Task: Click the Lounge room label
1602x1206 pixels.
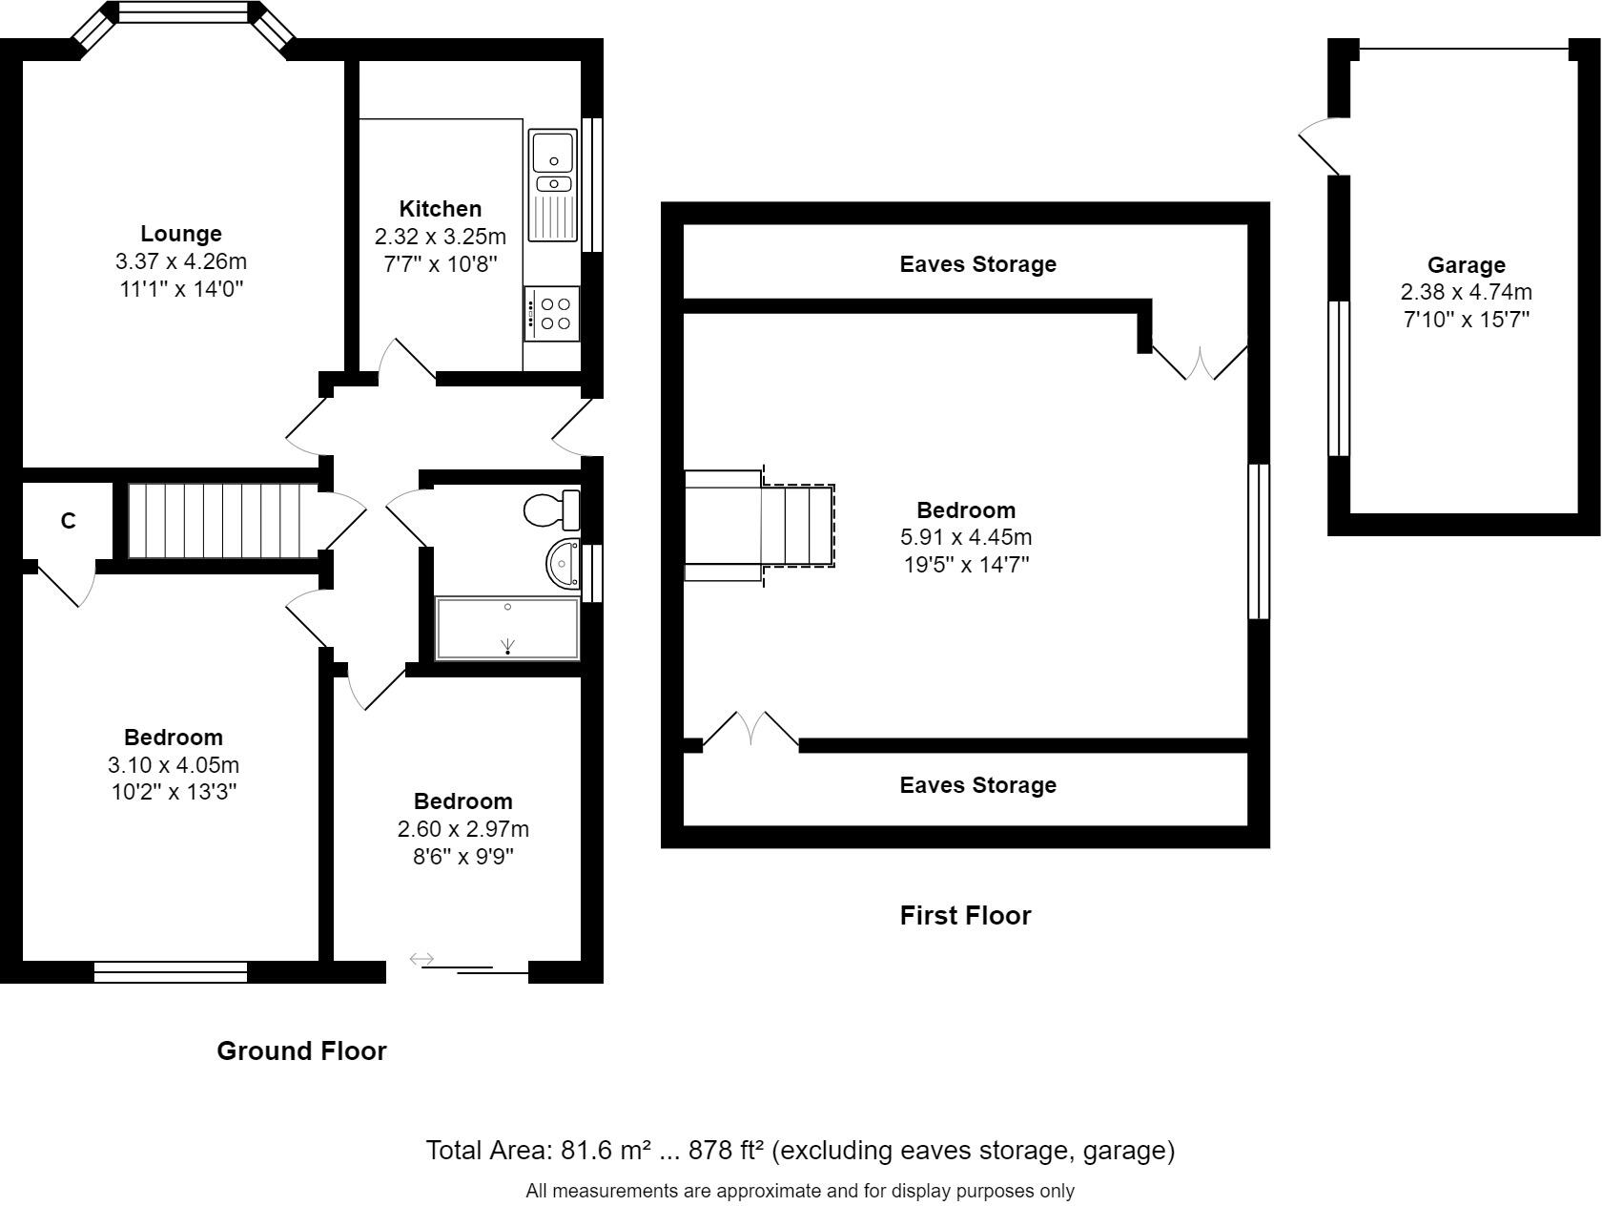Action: (x=180, y=234)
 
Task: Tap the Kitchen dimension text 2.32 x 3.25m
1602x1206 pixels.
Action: (x=440, y=237)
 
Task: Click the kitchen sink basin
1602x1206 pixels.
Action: (x=552, y=151)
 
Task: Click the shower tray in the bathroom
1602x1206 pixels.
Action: (x=507, y=629)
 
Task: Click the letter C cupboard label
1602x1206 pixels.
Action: (x=68, y=521)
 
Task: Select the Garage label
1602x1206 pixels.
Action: (x=1466, y=265)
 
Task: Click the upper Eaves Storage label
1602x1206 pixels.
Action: (x=977, y=264)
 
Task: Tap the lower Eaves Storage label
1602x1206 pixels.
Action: (x=977, y=785)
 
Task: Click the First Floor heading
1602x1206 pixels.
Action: (x=965, y=916)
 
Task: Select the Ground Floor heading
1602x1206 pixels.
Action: (x=301, y=1051)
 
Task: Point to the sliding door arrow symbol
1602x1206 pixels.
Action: (x=421, y=959)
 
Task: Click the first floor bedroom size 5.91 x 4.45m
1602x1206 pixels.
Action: (x=966, y=537)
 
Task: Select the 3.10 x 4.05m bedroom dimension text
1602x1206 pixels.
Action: (x=174, y=765)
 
